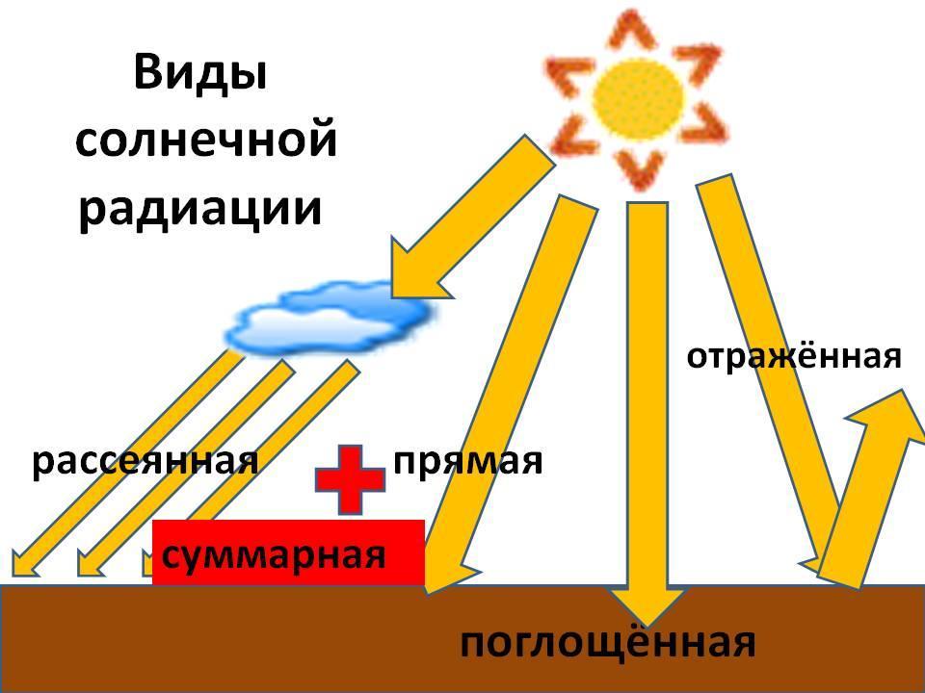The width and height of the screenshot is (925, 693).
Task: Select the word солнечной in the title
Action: [206, 140]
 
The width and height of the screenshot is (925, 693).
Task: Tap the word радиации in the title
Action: [200, 209]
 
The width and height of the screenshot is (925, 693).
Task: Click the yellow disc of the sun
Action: [638, 98]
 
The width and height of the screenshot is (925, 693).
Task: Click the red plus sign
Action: [350, 479]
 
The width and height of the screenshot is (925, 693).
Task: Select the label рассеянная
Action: [145, 461]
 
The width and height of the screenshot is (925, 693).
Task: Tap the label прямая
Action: [468, 461]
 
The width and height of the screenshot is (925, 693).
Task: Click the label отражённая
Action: [794, 356]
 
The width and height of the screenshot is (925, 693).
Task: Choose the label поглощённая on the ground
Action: [608, 642]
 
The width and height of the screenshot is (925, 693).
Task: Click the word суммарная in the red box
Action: [274, 555]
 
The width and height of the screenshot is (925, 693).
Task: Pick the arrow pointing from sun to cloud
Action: [472, 218]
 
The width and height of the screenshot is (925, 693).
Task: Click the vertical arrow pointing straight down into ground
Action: [647, 414]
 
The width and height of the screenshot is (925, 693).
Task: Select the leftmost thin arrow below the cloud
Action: [127, 463]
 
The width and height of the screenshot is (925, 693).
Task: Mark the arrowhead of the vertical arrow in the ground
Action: [647, 605]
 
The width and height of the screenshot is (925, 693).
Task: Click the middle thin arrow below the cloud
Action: [186, 468]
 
